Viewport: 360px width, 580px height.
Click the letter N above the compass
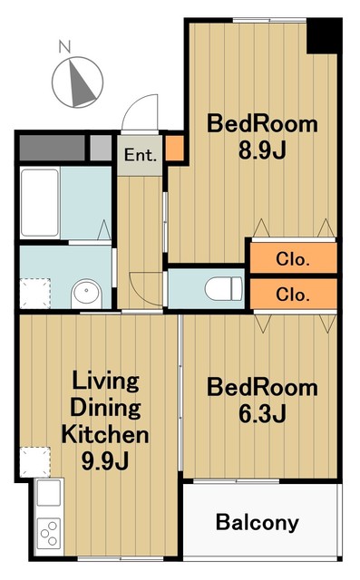(65, 47)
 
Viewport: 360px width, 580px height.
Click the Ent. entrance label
(141, 155)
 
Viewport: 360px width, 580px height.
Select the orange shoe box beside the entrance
(174, 149)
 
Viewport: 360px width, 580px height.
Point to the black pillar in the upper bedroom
(322, 36)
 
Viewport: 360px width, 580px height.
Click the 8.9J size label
(262, 150)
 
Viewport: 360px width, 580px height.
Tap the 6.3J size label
(262, 413)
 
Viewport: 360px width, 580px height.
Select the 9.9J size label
(105, 461)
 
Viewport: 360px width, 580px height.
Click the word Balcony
(258, 523)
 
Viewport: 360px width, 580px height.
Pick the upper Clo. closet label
(292, 260)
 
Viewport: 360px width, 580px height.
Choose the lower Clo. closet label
(292, 295)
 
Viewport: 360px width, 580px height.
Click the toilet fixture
(224, 289)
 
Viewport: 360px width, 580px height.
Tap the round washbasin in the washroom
(86, 293)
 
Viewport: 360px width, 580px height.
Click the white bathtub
(40, 203)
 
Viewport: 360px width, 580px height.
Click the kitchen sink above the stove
(49, 493)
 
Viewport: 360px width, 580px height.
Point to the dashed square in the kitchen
(34, 462)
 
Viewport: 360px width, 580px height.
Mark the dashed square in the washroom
(34, 294)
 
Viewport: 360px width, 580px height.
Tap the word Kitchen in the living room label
(105, 434)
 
